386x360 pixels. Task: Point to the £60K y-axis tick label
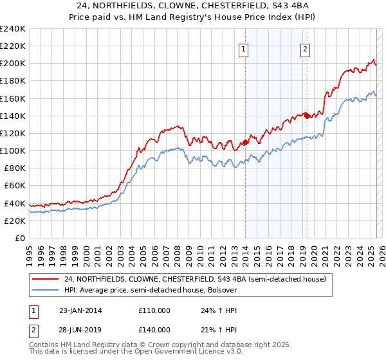click(x=14, y=185)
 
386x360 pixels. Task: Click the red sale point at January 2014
click(x=245, y=142)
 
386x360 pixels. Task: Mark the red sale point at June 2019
click(x=307, y=116)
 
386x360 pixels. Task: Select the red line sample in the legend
click(x=46, y=279)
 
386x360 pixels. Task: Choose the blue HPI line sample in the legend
click(x=46, y=290)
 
